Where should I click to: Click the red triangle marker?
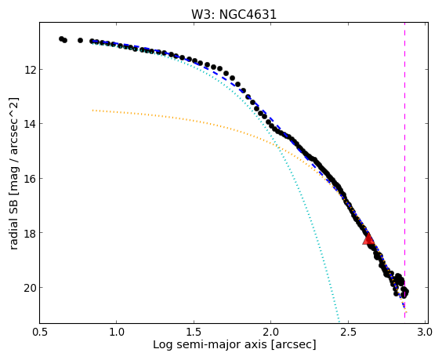pos(368,238)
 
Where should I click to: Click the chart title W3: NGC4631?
pos(234,15)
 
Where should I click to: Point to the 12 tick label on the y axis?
pos(31,69)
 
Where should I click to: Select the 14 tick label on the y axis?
pos(31,124)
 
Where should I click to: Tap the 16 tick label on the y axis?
pos(31,179)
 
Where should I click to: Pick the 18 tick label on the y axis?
pos(31,233)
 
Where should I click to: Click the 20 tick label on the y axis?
pos(31,288)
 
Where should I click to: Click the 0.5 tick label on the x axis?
pos(40,332)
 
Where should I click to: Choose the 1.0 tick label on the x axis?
pos(117,332)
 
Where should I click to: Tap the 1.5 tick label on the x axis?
pos(194,332)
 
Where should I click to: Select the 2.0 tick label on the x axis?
pos(271,332)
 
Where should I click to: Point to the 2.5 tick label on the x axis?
pos(348,332)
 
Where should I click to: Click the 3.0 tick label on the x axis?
pos(425,332)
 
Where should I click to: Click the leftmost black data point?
pos(61,38)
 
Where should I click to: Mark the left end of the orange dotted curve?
pos(92,111)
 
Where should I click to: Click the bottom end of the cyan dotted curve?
pos(339,322)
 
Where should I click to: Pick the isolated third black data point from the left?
pos(81,40)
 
